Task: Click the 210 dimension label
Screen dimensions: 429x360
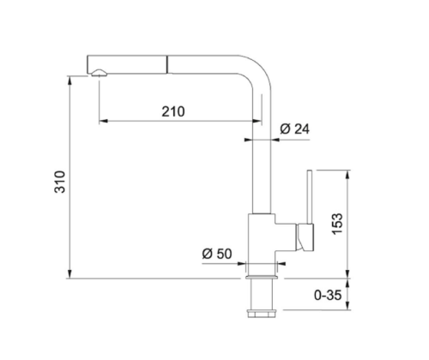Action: click(x=173, y=111)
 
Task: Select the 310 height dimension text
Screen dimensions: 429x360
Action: click(x=60, y=182)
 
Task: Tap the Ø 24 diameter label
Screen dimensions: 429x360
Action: click(x=294, y=129)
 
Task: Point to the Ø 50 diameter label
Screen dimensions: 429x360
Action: click(x=217, y=254)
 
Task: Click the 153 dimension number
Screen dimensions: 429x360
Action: click(x=337, y=224)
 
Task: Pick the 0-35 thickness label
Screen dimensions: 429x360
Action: click(x=328, y=295)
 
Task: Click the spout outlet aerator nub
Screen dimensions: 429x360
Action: click(x=99, y=73)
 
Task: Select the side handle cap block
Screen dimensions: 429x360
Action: click(x=305, y=237)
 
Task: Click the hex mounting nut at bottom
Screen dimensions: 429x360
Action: click(x=262, y=314)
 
